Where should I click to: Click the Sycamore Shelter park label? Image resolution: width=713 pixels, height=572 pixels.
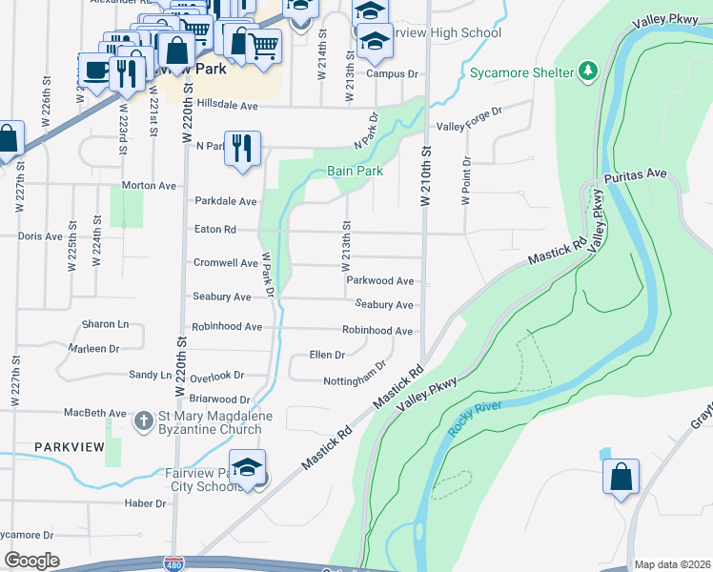pos(520,72)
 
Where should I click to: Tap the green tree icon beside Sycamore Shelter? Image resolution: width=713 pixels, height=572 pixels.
pos(588,70)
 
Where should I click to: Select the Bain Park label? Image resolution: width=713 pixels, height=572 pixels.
pos(355,171)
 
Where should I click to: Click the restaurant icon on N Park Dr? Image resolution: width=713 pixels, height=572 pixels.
pos(242,147)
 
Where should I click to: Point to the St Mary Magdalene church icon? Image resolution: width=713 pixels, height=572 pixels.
pos(143,419)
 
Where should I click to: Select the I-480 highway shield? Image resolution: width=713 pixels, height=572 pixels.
pos(173,564)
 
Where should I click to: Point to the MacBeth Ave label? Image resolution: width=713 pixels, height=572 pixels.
pos(94,413)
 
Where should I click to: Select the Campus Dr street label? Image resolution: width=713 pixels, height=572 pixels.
pos(393,73)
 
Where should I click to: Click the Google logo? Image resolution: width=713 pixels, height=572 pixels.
pos(32,561)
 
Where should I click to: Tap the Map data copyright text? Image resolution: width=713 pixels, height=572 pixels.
pos(671,564)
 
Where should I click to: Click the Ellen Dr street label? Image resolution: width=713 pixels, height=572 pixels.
pos(327,355)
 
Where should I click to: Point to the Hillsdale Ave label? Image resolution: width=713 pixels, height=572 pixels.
pos(228,107)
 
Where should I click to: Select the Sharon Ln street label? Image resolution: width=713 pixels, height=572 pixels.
pos(105,324)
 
